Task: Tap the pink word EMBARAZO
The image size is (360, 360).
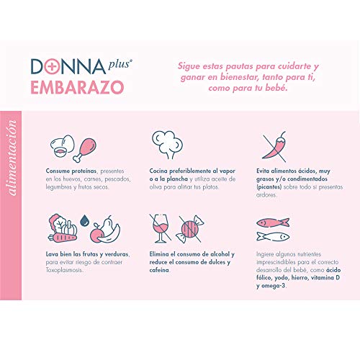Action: [x=77, y=87]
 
